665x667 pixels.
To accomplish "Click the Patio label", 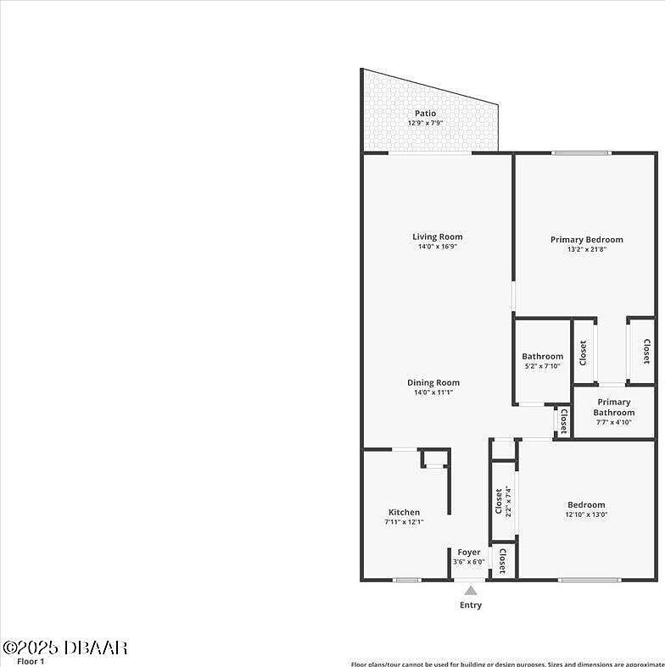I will click(425, 113).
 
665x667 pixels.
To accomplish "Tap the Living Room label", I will click(438, 236).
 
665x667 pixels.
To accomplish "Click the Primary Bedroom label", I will click(586, 239).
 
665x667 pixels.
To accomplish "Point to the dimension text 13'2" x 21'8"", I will click(586, 249).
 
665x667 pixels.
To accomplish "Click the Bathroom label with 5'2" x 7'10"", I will click(542, 356).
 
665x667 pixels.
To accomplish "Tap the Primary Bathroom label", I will click(613, 407).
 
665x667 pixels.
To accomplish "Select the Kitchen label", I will click(404, 512).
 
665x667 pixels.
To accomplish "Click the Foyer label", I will click(469, 552).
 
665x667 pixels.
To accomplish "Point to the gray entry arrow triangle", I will click(470, 590).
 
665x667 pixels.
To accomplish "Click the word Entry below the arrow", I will click(471, 605).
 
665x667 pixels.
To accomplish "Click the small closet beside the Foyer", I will click(502, 560).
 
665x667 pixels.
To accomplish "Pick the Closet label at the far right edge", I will click(645, 351).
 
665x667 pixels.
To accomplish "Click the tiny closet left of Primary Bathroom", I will click(563, 421).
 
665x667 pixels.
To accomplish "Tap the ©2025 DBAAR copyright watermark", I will click(64, 648).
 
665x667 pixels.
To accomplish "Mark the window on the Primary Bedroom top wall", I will click(581, 153).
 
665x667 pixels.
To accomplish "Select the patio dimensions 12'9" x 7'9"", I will click(425, 123).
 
